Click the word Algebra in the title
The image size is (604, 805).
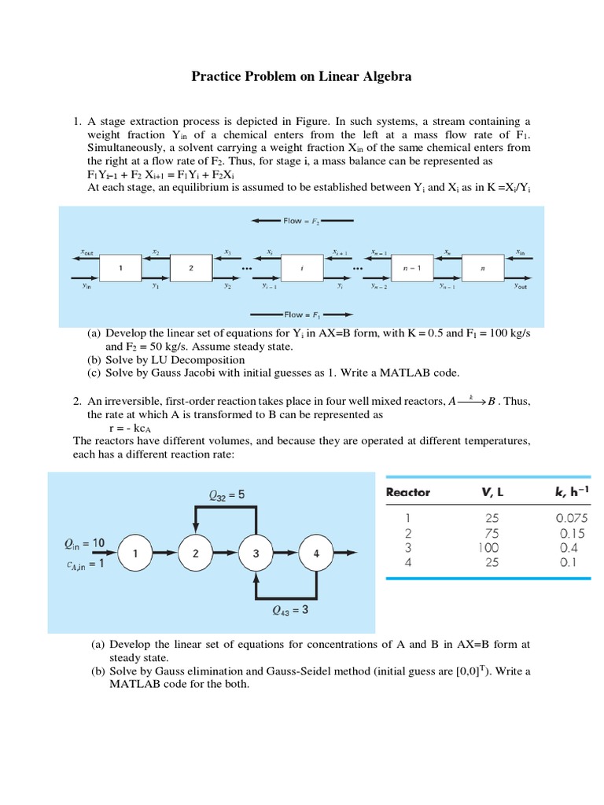pyautogui.click(x=381, y=77)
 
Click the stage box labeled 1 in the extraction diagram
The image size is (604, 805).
pyautogui.click(x=120, y=268)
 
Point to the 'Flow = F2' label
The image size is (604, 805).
pyautogui.click(x=303, y=222)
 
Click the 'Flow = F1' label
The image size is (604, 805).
pyautogui.click(x=303, y=314)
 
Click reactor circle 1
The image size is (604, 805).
pyautogui.click(x=136, y=553)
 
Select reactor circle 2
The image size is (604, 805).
pyautogui.click(x=195, y=553)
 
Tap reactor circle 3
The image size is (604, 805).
pyautogui.click(x=256, y=553)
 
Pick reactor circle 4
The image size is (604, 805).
pyautogui.click(x=316, y=553)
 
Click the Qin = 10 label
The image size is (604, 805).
pyautogui.click(x=83, y=542)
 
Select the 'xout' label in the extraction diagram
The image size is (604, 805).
pyautogui.click(x=87, y=253)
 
